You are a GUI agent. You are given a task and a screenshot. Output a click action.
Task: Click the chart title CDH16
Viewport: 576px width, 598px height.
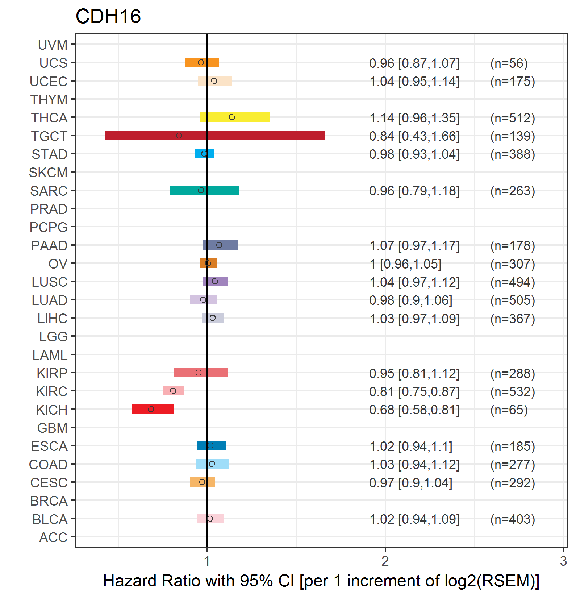[x=108, y=17]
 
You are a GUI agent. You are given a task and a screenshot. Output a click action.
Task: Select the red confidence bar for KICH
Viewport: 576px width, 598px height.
[x=153, y=409]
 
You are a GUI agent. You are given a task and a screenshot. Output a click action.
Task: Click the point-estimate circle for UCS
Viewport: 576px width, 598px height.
[x=201, y=62]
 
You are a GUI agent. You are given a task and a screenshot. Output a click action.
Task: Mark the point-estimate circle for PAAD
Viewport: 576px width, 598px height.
[x=219, y=245]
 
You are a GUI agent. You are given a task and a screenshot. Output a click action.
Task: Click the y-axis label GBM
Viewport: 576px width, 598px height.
[x=52, y=428]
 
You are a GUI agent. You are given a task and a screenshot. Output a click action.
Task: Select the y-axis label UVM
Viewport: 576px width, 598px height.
[x=53, y=45]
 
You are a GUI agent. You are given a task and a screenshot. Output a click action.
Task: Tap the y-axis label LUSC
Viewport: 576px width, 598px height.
[x=49, y=282]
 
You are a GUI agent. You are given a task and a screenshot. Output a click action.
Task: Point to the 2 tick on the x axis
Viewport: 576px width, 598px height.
[x=385, y=561]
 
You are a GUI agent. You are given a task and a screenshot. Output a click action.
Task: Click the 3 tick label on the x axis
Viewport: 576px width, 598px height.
[x=563, y=561]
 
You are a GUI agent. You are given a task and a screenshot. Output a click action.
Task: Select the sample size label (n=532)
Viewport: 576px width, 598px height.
[x=512, y=392]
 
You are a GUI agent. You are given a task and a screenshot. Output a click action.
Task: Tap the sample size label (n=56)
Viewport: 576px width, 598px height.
[x=509, y=63]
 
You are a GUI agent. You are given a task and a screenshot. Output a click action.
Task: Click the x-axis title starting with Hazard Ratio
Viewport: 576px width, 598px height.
[x=321, y=581]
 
